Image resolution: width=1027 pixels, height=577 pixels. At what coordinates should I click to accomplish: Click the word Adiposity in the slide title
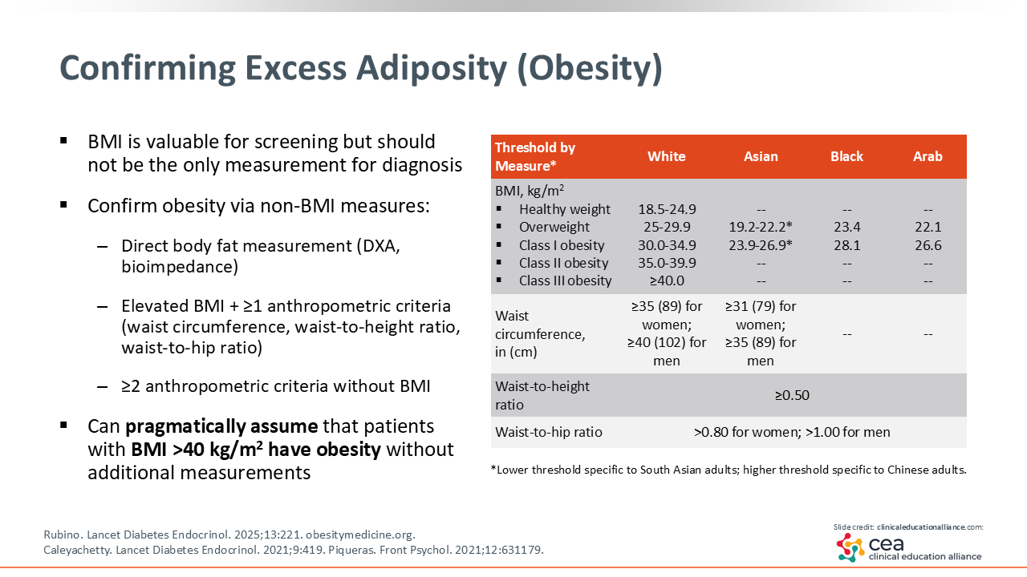click(x=432, y=69)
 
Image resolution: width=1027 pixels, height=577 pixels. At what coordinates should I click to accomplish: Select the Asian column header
click(x=761, y=156)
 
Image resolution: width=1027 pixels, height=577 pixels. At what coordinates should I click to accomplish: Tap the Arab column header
click(x=928, y=156)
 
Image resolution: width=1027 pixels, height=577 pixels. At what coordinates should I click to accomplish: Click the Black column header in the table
click(x=846, y=156)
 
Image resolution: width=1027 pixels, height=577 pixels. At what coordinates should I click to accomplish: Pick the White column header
click(x=667, y=156)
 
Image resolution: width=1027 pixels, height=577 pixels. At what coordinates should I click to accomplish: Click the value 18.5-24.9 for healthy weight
click(x=667, y=209)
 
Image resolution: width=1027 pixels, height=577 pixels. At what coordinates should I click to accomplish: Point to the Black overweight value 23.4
click(x=846, y=227)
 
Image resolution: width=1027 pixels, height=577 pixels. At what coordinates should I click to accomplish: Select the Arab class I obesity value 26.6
click(x=928, y=245)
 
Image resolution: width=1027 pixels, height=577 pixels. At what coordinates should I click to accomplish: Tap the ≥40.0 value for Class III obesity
click(x=667, y=280)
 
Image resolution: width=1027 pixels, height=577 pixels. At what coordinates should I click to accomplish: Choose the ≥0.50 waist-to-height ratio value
click(x=792, y=395)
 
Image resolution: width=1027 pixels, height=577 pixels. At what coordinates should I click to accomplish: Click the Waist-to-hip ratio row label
click(x=549, y=432)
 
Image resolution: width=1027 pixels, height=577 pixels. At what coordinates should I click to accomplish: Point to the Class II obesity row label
click(x=563, y=263)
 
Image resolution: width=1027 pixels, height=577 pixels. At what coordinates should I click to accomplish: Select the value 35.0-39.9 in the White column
click(x=667, y=263)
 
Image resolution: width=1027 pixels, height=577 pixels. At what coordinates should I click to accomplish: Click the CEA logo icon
click(x=850, y=547)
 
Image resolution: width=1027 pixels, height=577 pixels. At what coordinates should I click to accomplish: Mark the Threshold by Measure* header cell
click(x=535, y=156)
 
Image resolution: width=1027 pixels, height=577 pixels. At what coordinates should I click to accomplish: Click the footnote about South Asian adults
click(x=728, y=470)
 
